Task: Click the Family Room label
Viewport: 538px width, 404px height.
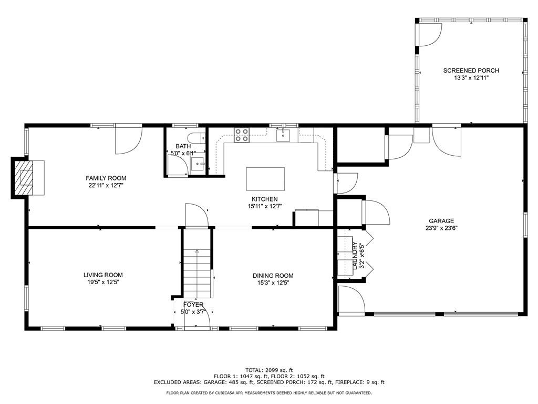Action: click(106, 178)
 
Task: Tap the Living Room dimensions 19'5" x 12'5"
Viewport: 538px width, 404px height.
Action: click(103, 282)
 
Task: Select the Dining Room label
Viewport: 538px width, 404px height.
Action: click(273, 276)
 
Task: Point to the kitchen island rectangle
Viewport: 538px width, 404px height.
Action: click(265, 179)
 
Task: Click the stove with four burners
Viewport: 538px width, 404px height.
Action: click(242, 135)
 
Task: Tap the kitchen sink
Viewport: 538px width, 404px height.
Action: click(283, 135)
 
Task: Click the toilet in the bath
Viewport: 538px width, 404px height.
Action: click(198, 138)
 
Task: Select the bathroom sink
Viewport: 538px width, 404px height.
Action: click(198, 164)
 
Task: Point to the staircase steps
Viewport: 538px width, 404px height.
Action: click(197, 274)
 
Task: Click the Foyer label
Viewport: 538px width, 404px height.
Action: click(193, 305)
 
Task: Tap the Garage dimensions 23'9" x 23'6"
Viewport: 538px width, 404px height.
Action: click(441, 228)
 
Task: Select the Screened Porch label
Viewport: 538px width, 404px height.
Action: click(471, 70)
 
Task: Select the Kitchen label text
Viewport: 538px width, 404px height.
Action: click(265, 199)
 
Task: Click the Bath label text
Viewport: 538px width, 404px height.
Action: click(183, 146)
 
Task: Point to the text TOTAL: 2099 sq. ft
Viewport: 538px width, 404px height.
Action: click(269, 370)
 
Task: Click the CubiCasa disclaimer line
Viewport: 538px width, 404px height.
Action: click(269, 392)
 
